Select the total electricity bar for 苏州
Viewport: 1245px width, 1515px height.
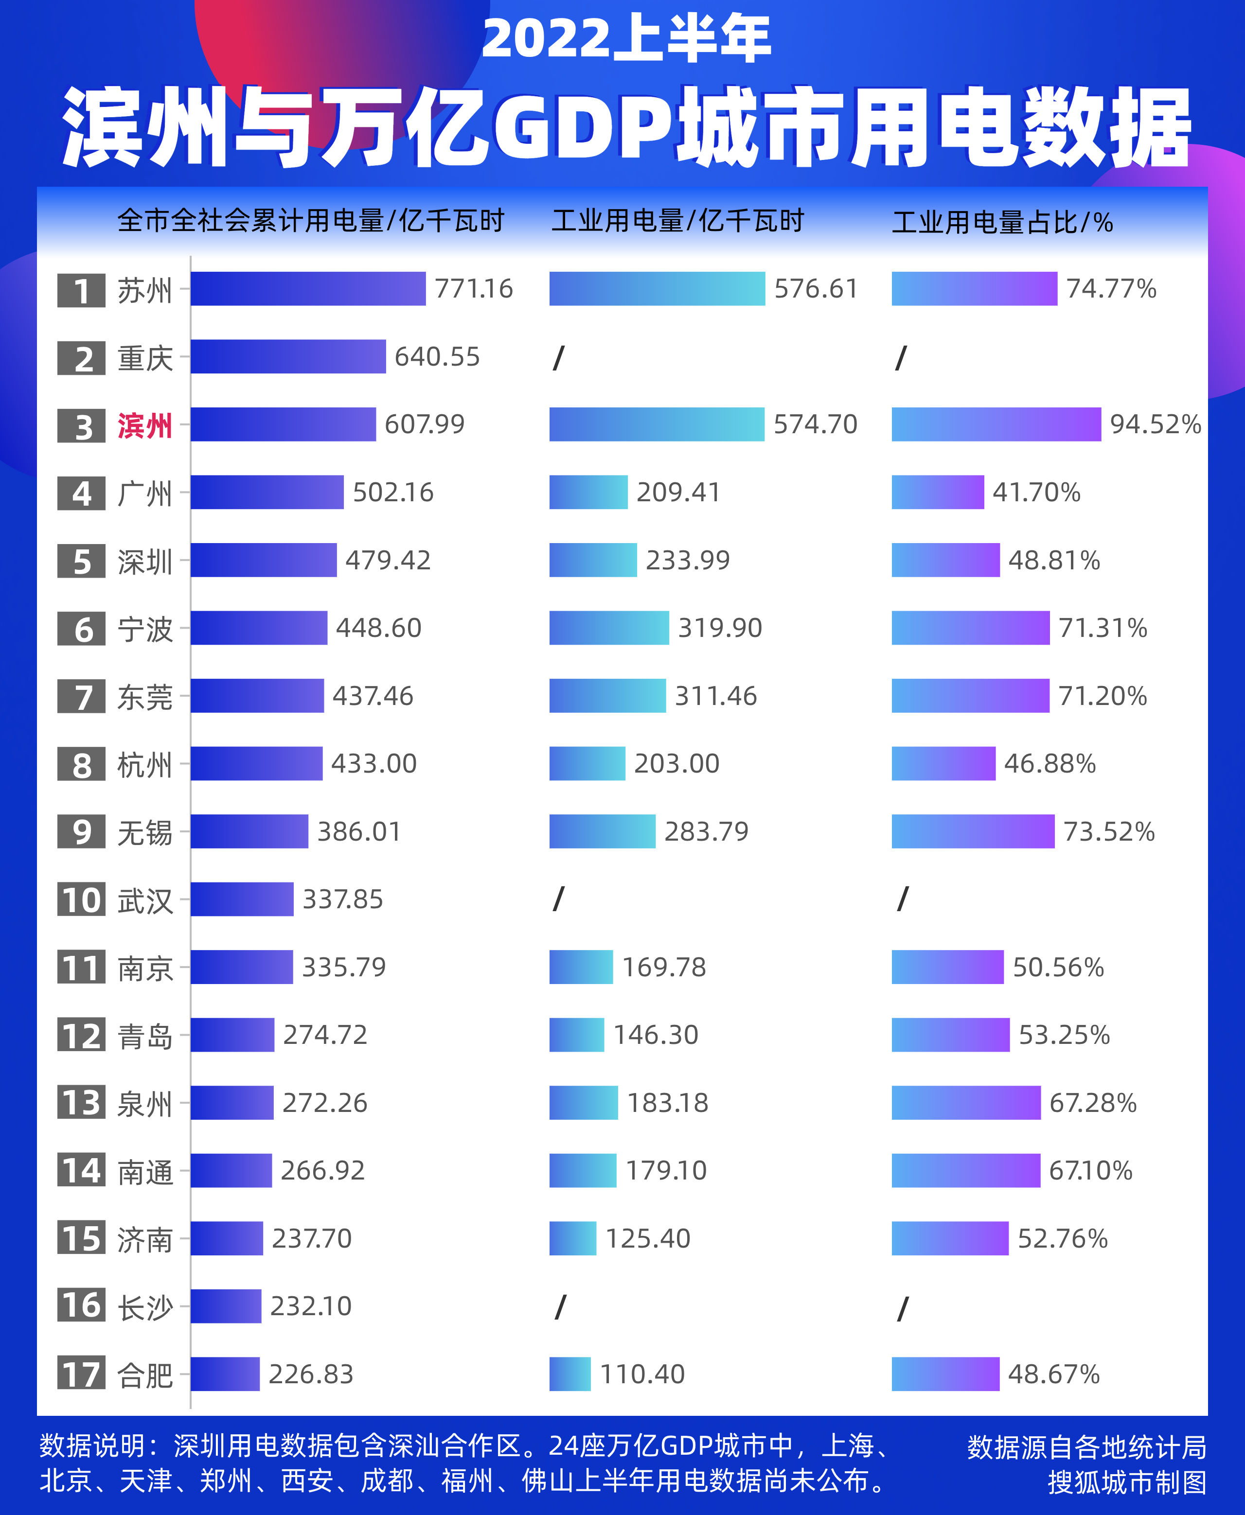(x=308, y=289)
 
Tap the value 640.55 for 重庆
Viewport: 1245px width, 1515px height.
(x=437, y=356)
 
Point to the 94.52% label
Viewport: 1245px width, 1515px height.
(x=1155, y=424)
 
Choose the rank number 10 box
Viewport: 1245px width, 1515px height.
(x=81, y=900)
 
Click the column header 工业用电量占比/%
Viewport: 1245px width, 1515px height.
(x=1001, y=222)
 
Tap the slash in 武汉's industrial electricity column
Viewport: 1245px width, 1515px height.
(x=559, y=899)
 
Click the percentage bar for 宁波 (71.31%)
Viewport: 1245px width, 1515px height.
(x=970, y=628)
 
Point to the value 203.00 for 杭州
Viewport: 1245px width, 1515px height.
(x=676, y=764)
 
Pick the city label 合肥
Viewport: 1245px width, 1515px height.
(x=145, y=1375)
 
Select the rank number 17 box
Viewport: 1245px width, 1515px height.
(x=81, y=1374)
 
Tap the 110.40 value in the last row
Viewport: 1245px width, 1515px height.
(x=642, y=1374)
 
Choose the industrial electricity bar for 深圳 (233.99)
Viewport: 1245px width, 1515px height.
(x=592, y=560)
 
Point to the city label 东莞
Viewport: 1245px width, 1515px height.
(x=145, y=697)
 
